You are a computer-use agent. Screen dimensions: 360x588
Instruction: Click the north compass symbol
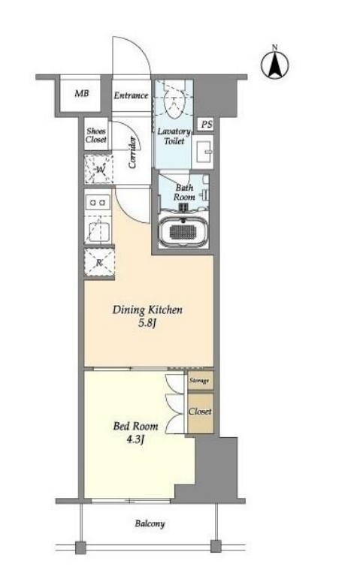coord(275,65)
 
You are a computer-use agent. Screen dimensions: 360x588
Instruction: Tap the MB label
coord(81,93)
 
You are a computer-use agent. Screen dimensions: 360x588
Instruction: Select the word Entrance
coord(131,95)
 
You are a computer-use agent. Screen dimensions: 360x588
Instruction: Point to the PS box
coord(206,124)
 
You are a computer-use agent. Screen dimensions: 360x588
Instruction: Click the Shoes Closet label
coord(96,135)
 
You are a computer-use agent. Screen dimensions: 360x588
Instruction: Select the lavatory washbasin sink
coord(203,152)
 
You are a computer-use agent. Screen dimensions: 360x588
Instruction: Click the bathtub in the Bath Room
coord(183,231)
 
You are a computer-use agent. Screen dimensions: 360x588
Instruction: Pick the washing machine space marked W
coord(98,169)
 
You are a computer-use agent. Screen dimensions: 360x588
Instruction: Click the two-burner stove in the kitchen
coord(98,203)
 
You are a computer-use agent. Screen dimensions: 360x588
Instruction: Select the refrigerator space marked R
coord(99,263)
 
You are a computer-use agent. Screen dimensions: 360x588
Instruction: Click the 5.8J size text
coord(147,323)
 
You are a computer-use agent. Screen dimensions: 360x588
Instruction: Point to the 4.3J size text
coord(136,439)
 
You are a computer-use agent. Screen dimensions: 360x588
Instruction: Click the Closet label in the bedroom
coord(200,412)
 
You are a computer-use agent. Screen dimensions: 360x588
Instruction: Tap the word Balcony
coord(150,524)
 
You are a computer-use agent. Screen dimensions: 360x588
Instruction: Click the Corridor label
coord(132,152)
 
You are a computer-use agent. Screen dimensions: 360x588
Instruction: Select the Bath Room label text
coord(184,192)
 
